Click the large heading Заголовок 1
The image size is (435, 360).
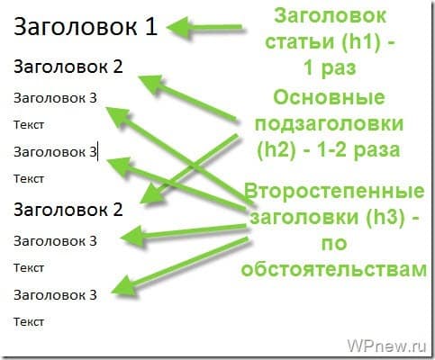click(86, 26)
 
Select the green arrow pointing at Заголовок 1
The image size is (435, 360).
click(204, 28)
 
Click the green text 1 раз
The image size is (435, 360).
click(330, 68)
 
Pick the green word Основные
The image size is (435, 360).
click(329, 97)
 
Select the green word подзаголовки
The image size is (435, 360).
click(329, 124)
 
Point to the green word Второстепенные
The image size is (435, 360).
click(334, 191)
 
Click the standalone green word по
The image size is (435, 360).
click(334, 243)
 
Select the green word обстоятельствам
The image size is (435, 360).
click(334, 269)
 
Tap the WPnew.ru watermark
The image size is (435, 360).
click(386, 346)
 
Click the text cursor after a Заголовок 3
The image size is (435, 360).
click(97, 152)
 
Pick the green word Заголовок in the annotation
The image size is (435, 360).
click(330, 15)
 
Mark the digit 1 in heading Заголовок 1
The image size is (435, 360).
click(152, 27)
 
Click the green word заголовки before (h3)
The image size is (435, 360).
click(304, 217)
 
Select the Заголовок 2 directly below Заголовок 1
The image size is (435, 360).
click(68, 67)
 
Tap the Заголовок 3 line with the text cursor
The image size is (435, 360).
click(55, 152)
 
